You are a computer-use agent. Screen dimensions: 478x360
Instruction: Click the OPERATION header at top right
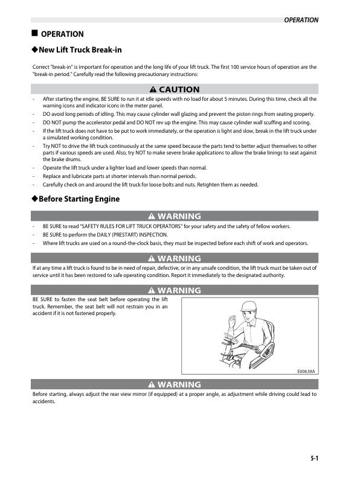tap(301, 20)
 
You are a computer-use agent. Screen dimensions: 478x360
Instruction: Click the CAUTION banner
tap(175, 89)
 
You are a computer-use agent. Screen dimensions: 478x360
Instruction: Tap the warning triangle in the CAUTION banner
tap(153, 89)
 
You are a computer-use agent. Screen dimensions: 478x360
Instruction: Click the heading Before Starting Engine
tap(79, 199)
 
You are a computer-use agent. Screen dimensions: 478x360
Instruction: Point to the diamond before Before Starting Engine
tap(34, 199)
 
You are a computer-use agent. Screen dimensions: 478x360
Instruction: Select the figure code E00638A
tap(306, 372)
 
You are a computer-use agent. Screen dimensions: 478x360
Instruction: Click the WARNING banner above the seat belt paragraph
tap(175, 290)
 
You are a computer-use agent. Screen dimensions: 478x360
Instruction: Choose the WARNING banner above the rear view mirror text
tap(175, 384)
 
